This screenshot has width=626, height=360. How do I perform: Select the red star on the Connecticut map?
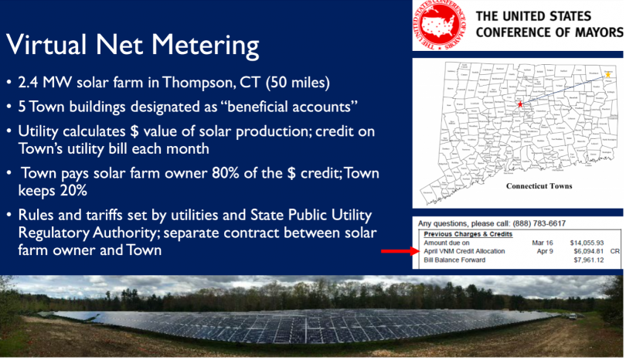(520, 104)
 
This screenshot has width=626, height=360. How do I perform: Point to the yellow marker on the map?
(608, 74)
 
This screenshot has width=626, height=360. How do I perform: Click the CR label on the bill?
(616, 251)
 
